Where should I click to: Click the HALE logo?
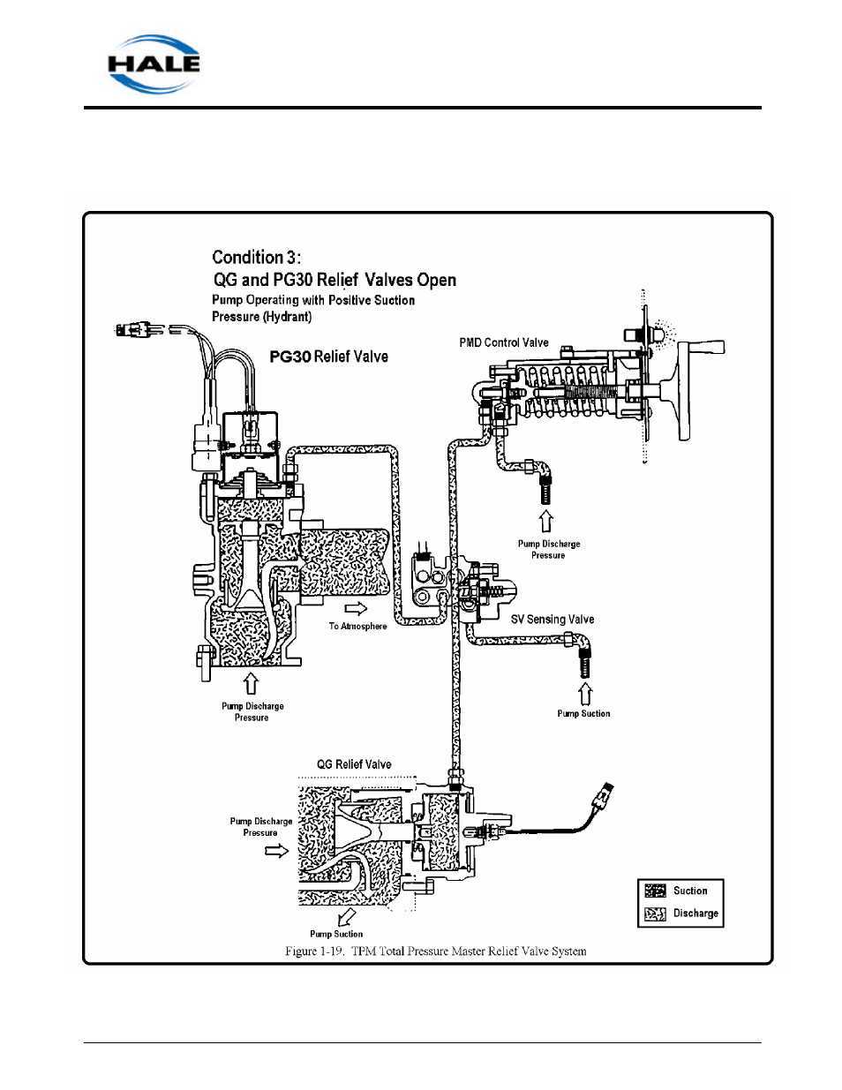pyautogui.click(x=154, y=64)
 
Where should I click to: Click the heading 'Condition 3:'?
pyautogui.click(x=256, y=257)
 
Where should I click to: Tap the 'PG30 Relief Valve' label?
pyautogui.click(x=328, y=357)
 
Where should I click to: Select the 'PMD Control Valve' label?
pyautogui.click(x=503, y=342)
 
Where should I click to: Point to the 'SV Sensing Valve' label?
pyautogui.click(x=552, y=620)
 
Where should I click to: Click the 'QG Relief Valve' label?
pyautogui.click(x=354, y=764)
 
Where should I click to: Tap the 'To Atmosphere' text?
pyautogui.click(x=357, y=627)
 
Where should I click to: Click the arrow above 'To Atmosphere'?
pyautogui.click(x=356, y=608)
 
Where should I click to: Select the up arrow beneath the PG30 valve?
pyautogui.click(x=251, y=684)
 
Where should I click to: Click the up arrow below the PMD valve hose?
pyautogui.click(x=546, y=521)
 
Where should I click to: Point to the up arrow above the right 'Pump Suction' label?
pyautogui.click(x=584, y=693)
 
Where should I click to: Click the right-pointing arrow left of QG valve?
pyautogui.click(x=276, y=851)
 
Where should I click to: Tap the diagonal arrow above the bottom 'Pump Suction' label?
pyautogui.click(x=346, y=917)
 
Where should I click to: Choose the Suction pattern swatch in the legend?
pyautogui.click(x=655, y=891)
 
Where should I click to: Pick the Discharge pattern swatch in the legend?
pyautogui.click(x=655, y=913)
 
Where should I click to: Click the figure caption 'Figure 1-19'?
pyautogui.click(x=435, y=951)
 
